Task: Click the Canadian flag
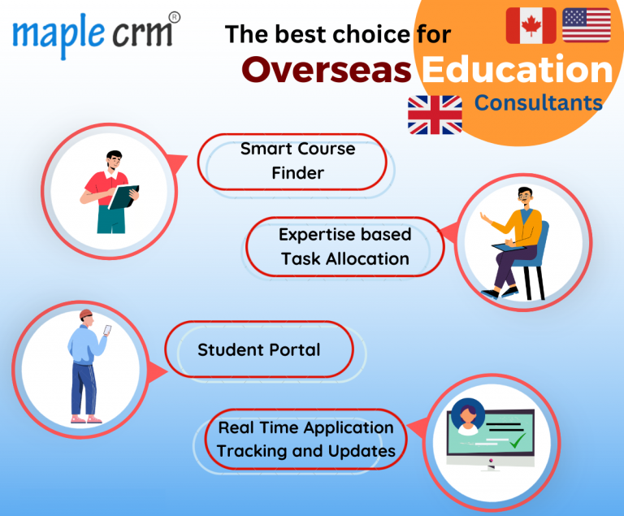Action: click(531, 25)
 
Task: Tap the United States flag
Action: click(586, 25)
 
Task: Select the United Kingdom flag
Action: click(435, 115)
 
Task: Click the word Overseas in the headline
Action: click(327, 70)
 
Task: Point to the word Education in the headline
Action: click(516, 70)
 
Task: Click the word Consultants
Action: click(539, 103)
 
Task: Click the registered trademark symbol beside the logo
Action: click(174, 16)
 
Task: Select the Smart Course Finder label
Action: click(297, 161)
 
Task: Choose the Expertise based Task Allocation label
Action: click(344, 246)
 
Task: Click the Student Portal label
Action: click(259, 349)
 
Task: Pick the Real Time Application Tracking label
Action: click(305, 439)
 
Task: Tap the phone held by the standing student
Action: click(107, 330)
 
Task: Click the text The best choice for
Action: click(337, 34)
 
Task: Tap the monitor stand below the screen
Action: click(490, 466)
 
